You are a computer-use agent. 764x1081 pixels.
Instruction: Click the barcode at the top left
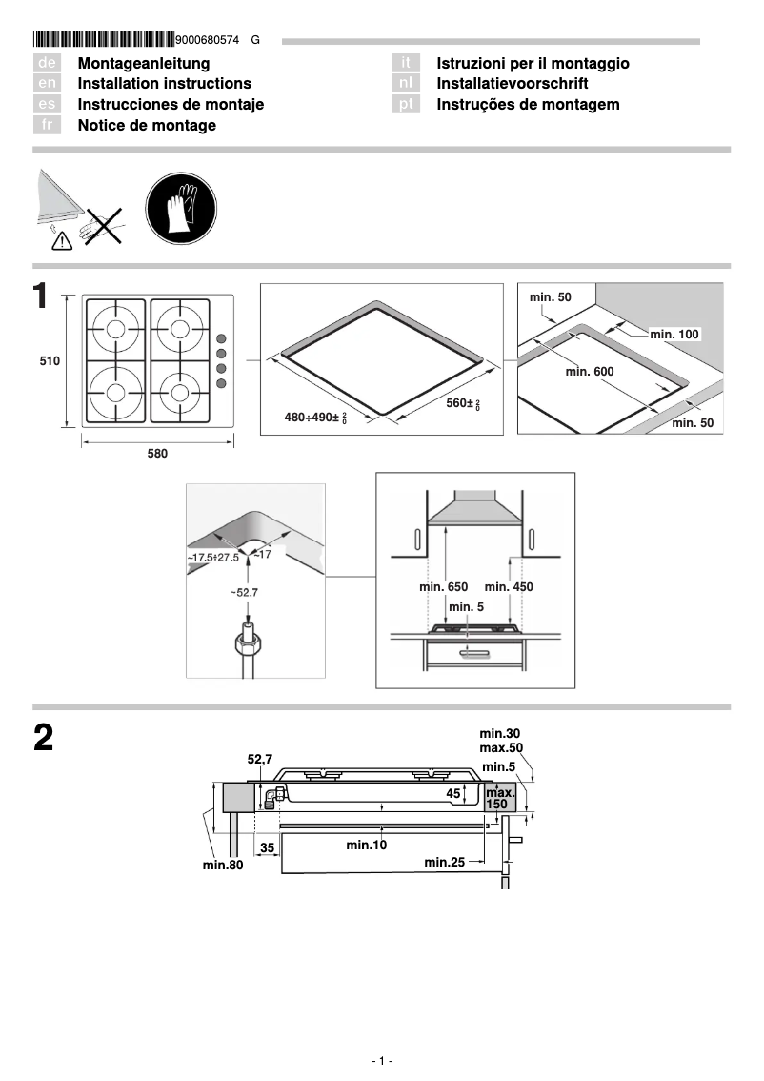[103, 40]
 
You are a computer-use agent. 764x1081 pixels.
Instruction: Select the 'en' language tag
[48, 84]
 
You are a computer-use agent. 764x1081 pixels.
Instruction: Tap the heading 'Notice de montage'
[147, 126]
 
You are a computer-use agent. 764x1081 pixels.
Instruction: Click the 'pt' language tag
[407, 105]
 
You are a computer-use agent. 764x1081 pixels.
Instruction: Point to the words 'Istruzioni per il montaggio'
[533, 64]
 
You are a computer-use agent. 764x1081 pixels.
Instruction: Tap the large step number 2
[44, 740]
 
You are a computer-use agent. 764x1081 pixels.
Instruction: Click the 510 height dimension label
[50, 361]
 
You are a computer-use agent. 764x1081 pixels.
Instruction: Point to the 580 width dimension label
[157, 455]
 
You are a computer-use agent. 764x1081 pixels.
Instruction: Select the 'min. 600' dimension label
[590, 371]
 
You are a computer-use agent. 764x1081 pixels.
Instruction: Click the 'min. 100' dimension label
[674, 334]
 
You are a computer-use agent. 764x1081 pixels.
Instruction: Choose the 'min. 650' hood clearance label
[443, 587]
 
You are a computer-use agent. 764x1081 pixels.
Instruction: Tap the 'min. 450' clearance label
[509, 587]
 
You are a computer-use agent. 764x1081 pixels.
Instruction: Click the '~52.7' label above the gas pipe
[244, 592]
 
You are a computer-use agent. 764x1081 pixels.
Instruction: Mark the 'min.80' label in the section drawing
[223, 865]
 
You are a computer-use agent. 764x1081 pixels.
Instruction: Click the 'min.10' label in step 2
[366, 845]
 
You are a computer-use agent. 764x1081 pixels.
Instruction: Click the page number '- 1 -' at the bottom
[382, 1061]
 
